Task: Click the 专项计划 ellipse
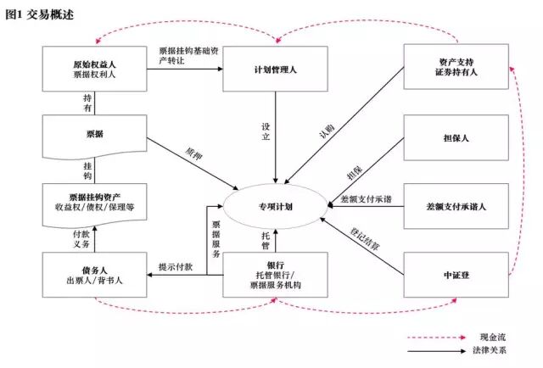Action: click(x=275, y=205)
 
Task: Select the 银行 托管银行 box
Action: click(x=275, y=274)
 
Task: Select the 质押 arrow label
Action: click(x=193, y=155)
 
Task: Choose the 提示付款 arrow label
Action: click(x=176, y=267)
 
